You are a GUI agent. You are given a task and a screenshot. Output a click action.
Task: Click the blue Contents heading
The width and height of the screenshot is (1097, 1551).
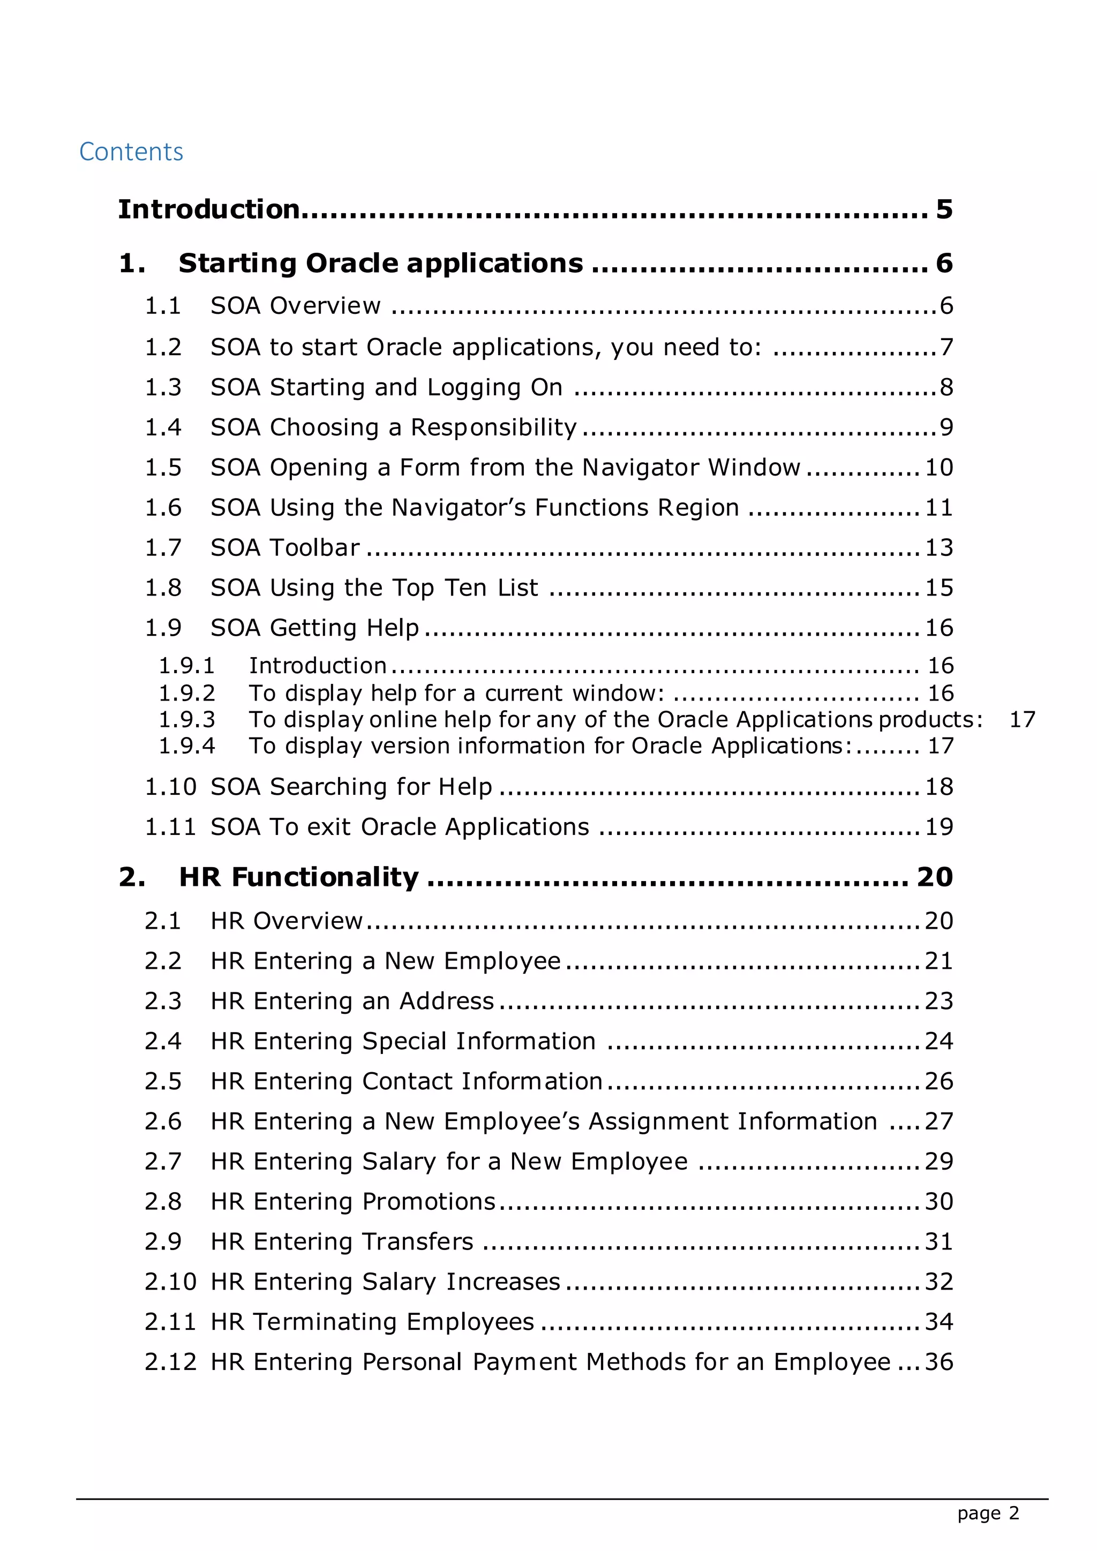(131, 152)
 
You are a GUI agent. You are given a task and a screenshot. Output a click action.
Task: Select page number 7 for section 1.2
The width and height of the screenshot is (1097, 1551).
(946, 347)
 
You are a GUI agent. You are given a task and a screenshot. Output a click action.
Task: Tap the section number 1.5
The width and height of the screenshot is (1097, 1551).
(163, 468)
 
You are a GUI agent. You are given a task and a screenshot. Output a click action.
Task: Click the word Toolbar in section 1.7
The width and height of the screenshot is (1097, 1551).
(315, 548)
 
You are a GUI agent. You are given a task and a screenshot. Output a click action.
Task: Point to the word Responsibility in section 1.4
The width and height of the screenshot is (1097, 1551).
(494, 427)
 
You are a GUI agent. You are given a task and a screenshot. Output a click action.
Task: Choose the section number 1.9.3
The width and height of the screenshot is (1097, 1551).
(186, 719)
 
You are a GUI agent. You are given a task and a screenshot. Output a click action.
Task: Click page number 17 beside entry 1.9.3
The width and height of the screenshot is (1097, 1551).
(1021, 719)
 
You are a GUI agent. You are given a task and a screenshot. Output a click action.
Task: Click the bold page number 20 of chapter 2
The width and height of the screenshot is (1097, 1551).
(934, 877)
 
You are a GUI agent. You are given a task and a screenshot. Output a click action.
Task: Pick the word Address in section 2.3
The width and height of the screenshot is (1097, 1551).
(447, 1001)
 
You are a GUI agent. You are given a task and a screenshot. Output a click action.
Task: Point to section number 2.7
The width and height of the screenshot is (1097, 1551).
(163, 1161)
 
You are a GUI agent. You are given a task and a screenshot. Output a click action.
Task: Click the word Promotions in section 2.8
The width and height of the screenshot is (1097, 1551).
(429, 1202)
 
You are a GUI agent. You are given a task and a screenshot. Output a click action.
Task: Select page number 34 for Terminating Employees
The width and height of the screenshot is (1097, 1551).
(939, 1322)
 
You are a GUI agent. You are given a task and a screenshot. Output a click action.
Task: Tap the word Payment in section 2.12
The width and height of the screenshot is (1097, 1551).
(525, 1362)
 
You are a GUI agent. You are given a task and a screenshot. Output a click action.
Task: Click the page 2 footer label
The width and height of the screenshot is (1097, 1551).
(988, 1513)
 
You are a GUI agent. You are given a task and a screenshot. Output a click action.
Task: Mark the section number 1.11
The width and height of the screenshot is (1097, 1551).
(170, 827)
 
